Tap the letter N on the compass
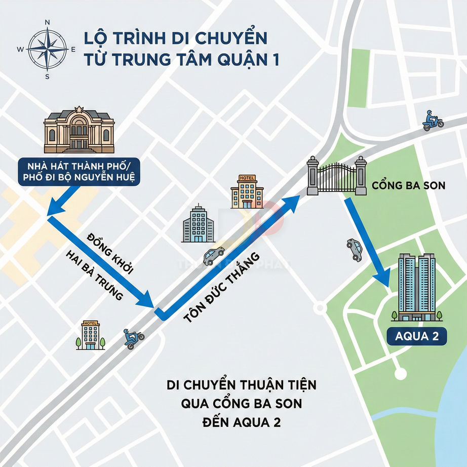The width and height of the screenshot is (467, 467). [47, 22]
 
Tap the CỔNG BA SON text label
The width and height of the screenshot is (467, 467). [408, 185]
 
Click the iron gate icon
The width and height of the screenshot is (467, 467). [337, 176]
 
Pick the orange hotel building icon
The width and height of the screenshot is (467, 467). [247, 192]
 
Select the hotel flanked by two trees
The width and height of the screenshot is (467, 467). [91, 335]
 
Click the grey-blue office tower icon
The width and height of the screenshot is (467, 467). [198, 224]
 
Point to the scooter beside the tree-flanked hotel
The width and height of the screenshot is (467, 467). [134, 338]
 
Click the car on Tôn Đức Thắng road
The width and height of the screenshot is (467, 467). [214, 256]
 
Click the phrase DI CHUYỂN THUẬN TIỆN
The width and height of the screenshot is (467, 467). [242, 385]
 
